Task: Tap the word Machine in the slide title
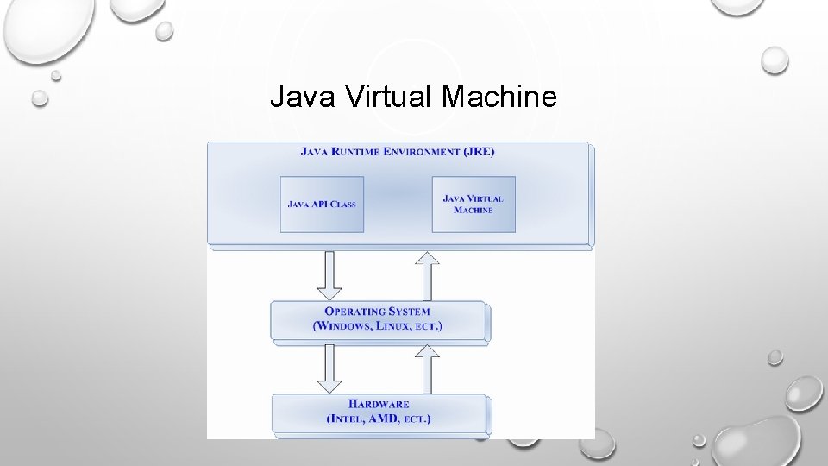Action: pos(499,98)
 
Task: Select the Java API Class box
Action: pos(322,205)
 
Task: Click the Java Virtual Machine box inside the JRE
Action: pos(474,205)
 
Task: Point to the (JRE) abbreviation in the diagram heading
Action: pos(479,152)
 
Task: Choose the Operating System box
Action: pos(379,319)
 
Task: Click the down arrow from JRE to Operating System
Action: pos(329,274)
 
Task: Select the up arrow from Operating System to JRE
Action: pos(427,274)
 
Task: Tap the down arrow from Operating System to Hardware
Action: pos(329,368)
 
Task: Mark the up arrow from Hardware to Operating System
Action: pos(427,368)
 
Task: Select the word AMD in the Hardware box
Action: pos(381,419)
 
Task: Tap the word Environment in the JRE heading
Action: pos(423,152)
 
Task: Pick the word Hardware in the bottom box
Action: pos(379,404)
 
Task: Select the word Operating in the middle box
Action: pos(354,312)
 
